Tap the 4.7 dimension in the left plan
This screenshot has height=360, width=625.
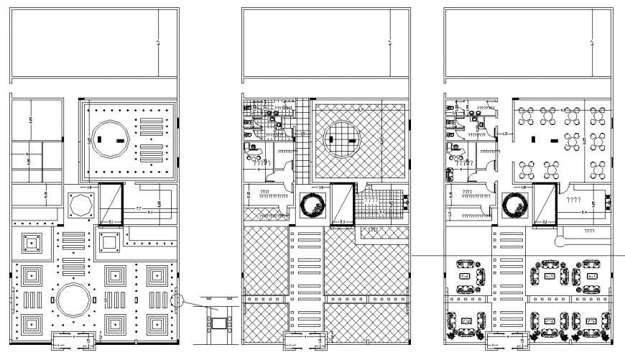click(157, 44)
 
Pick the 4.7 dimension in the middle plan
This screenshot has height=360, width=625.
click(389, 44)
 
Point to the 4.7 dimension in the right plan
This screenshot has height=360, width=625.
click(591, 44)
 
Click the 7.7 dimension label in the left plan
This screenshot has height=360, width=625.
click(139, 208)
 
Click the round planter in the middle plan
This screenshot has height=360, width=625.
click(313, 205)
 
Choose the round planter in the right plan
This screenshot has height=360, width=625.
click(516, 205)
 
